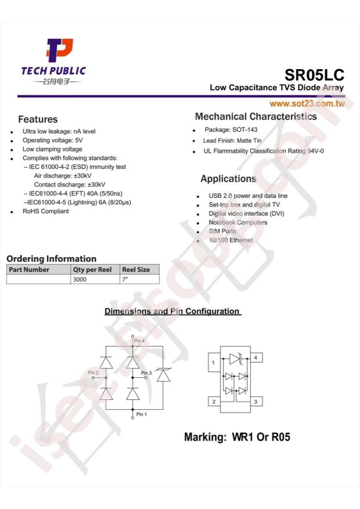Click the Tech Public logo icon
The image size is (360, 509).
point(60,52)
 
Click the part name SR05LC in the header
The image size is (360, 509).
point(314,75)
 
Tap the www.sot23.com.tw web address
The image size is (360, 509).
point(307,103)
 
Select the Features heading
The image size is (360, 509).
point(38,120)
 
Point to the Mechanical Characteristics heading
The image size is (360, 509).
point(256,117)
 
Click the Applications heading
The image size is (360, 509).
point(228,179)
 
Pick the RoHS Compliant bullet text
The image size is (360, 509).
point(45,211)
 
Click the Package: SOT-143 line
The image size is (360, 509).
point(231,130)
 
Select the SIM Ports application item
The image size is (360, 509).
point(222,231)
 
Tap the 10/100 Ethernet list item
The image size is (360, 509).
point(231,240)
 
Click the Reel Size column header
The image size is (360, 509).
point(136,269)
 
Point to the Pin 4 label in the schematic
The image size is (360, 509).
point(139,341)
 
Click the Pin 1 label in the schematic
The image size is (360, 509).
point(142,414)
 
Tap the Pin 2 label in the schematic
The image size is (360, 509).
point(93,372)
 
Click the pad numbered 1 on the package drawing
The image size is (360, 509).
point(214,363)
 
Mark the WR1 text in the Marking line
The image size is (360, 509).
point(240,437)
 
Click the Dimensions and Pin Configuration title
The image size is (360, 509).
point(172,311)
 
